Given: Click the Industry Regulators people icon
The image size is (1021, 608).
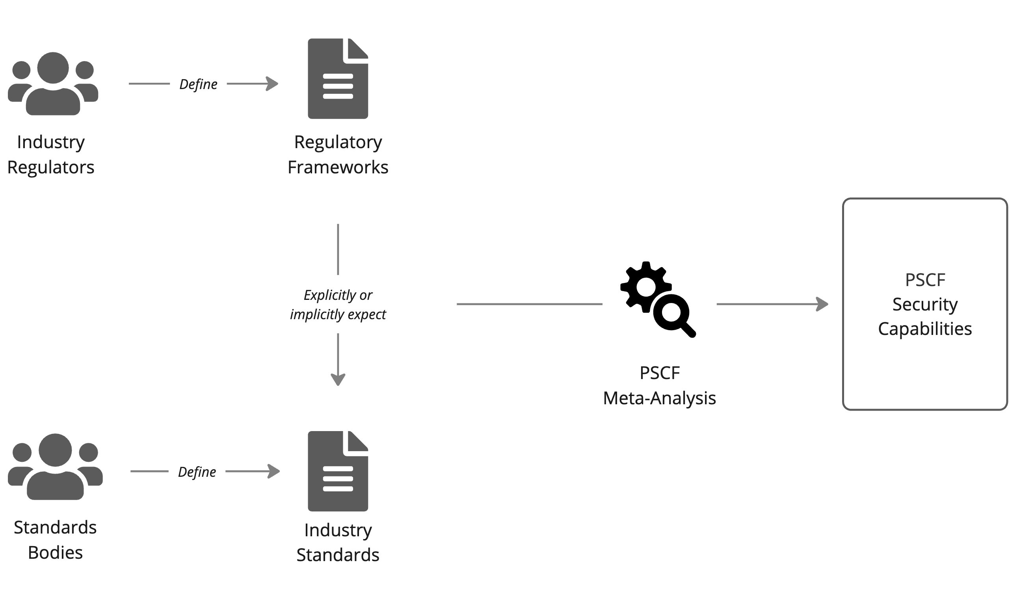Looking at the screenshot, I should pos(53,84).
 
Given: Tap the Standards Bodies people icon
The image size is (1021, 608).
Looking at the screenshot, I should pos(55,467).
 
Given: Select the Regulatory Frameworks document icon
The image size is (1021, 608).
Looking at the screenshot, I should pos(338,79).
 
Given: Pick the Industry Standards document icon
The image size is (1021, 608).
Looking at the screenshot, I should pos(338,471).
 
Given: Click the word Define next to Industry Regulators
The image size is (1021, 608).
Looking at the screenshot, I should pos(198,84).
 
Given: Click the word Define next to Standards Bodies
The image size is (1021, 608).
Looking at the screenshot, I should pos(197,472).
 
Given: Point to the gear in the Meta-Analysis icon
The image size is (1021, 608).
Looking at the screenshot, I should pos(646,286).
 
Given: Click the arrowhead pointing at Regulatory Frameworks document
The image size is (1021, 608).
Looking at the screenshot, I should pos(273,84).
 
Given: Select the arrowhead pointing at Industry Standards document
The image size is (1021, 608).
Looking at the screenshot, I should pos(274,471).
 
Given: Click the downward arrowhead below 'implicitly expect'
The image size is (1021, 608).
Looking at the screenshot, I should pos(338,379).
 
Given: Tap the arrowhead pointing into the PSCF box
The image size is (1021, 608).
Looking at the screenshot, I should pos(822,304).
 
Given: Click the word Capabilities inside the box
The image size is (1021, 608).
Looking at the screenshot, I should pos(925,329).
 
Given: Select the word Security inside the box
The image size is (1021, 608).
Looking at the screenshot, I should pos(925,305).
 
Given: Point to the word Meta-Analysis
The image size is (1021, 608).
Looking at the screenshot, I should pos(659,398).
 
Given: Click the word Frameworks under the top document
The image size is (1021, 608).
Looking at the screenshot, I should pos(338,167).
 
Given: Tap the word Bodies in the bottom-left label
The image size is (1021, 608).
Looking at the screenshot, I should pos(55,553).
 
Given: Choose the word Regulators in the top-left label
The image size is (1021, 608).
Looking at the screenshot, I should pos(51,167).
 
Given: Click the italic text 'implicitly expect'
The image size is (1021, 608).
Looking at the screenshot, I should pos(338,314).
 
